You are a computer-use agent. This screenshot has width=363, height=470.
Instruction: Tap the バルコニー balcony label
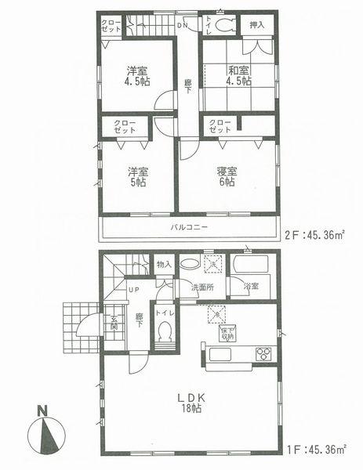point(188,228)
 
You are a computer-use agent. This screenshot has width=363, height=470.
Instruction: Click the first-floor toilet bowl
point(165,334)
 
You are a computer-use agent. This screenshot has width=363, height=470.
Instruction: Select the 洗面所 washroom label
point(203,287)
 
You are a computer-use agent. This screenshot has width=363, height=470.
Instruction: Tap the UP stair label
point(133,291)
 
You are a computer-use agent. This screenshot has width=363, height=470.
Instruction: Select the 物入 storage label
point(164,266)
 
